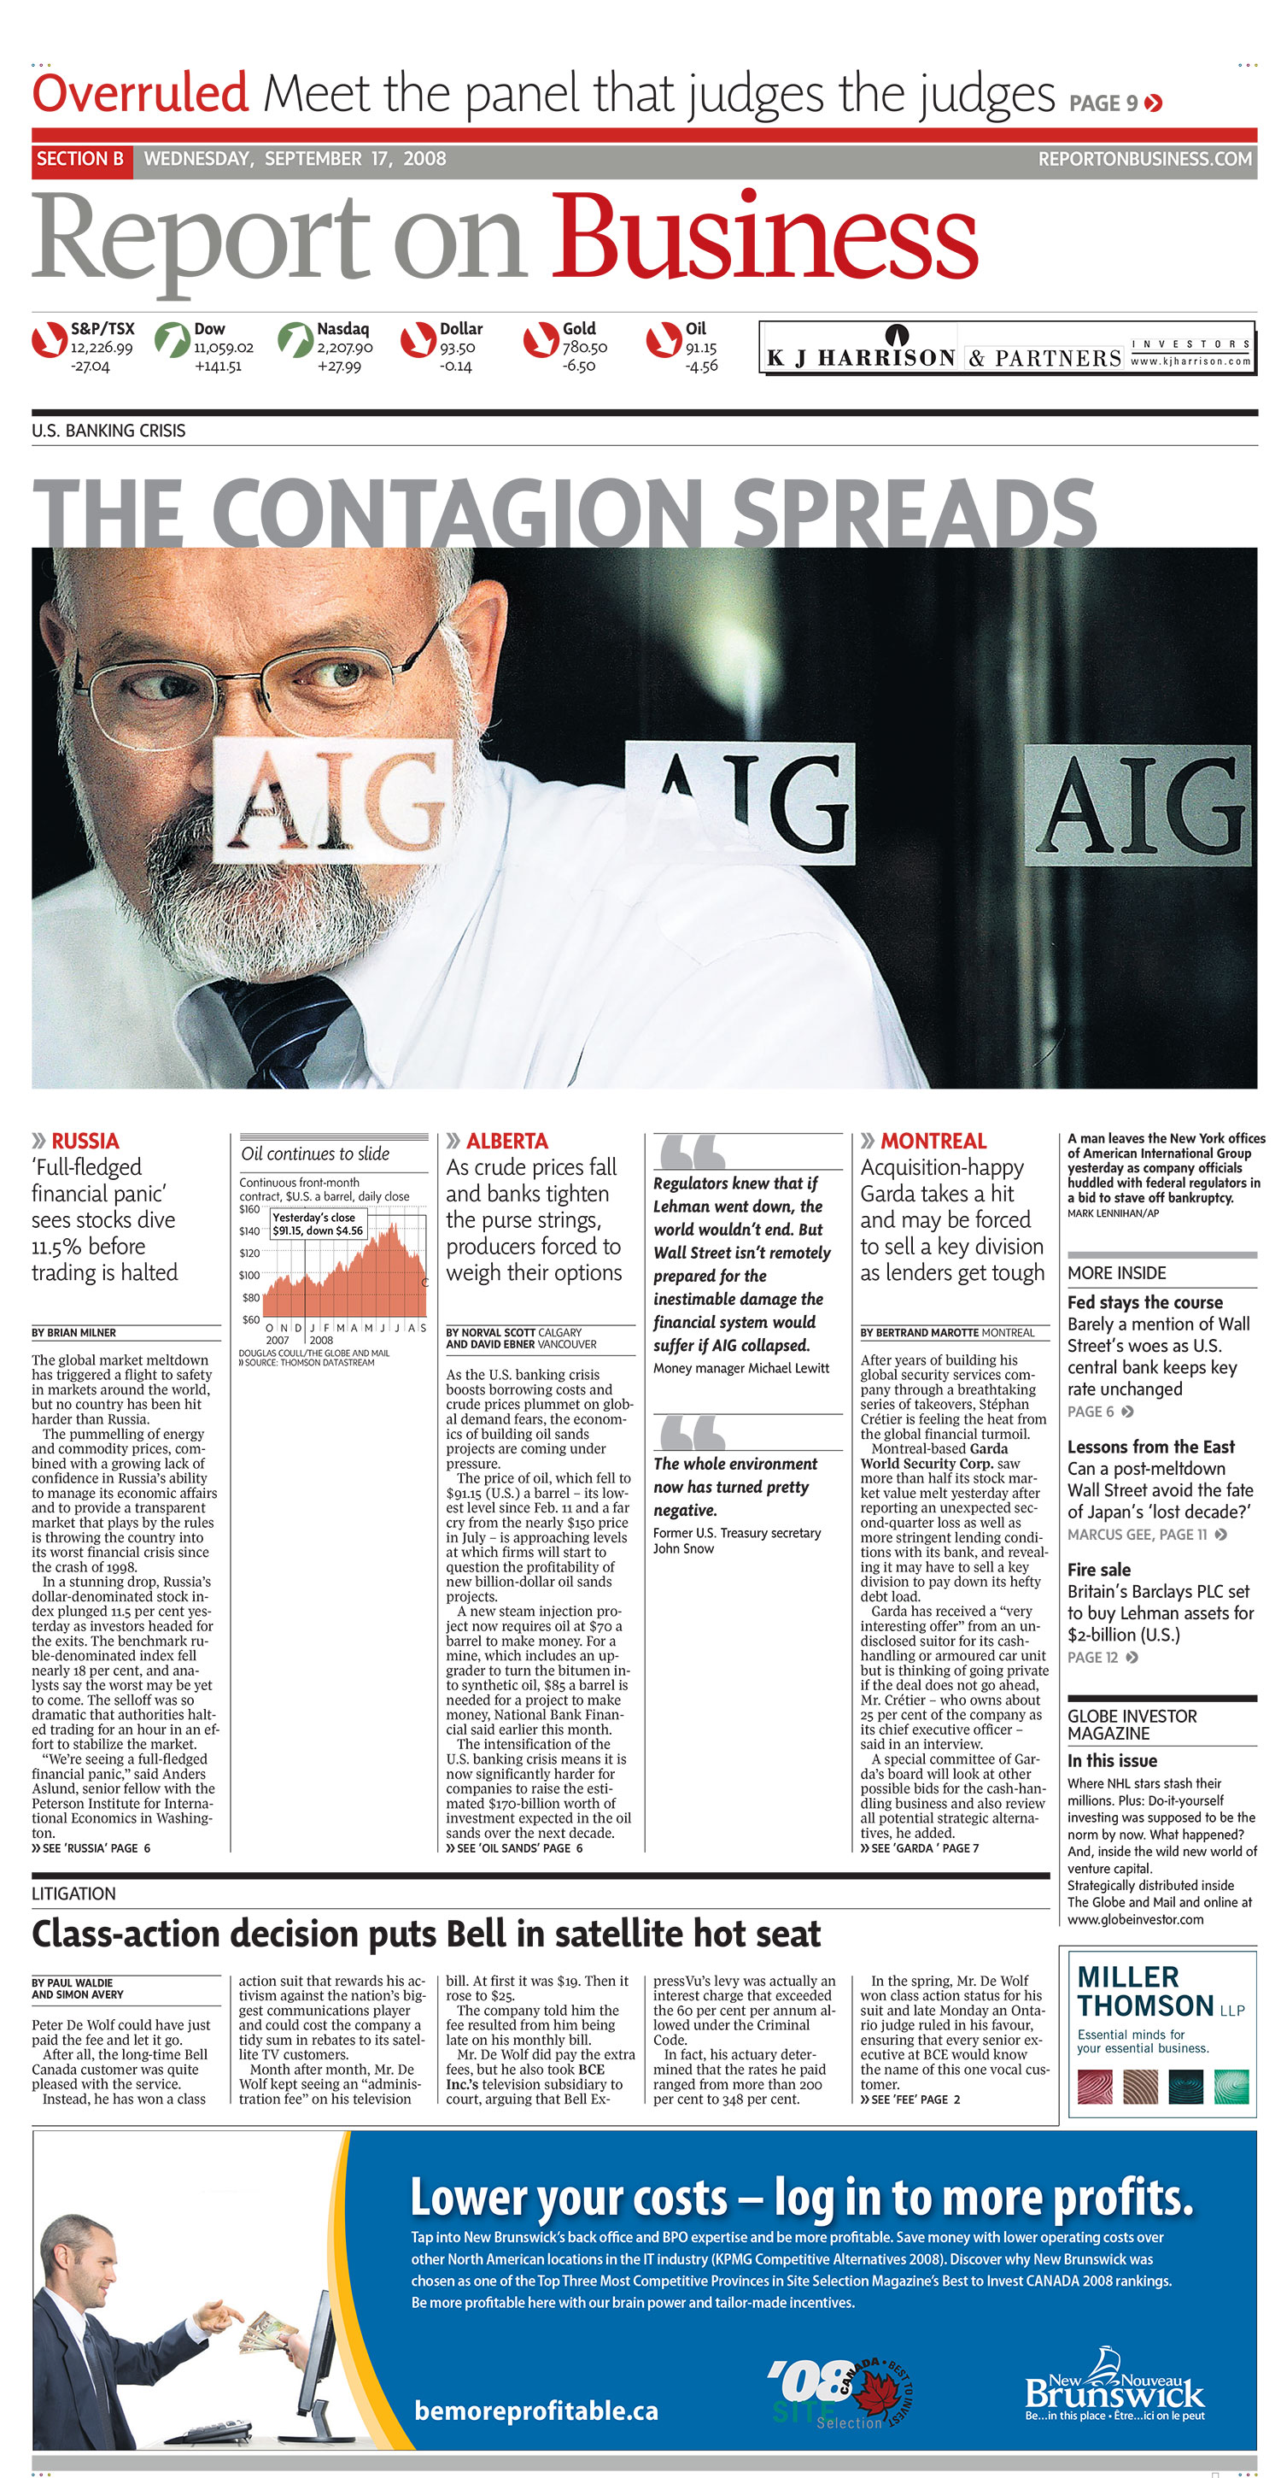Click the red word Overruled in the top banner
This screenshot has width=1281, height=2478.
click(x=140, y=93)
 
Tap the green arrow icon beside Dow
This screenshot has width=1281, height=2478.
click(x=173, y=339)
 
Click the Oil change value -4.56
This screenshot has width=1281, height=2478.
click(x=701, y=366)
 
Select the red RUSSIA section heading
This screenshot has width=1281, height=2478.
click(x=85, y=1141)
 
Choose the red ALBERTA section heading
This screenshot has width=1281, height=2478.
click(x=506, y=1141)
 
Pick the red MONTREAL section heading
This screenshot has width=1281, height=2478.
click(x=933, y=1141)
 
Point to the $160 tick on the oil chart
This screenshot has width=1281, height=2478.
click(x=249, y=1209)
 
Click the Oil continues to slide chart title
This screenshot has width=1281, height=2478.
click(x=315, y=1154)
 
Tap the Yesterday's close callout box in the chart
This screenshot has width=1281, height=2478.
click(x=318, y=1224)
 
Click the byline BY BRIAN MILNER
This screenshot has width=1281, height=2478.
click(x=74, y=1332)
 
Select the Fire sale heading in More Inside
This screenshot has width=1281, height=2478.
click(x=1098, y=1570)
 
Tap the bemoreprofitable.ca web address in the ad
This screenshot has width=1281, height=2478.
click(x=535, y=2410)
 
